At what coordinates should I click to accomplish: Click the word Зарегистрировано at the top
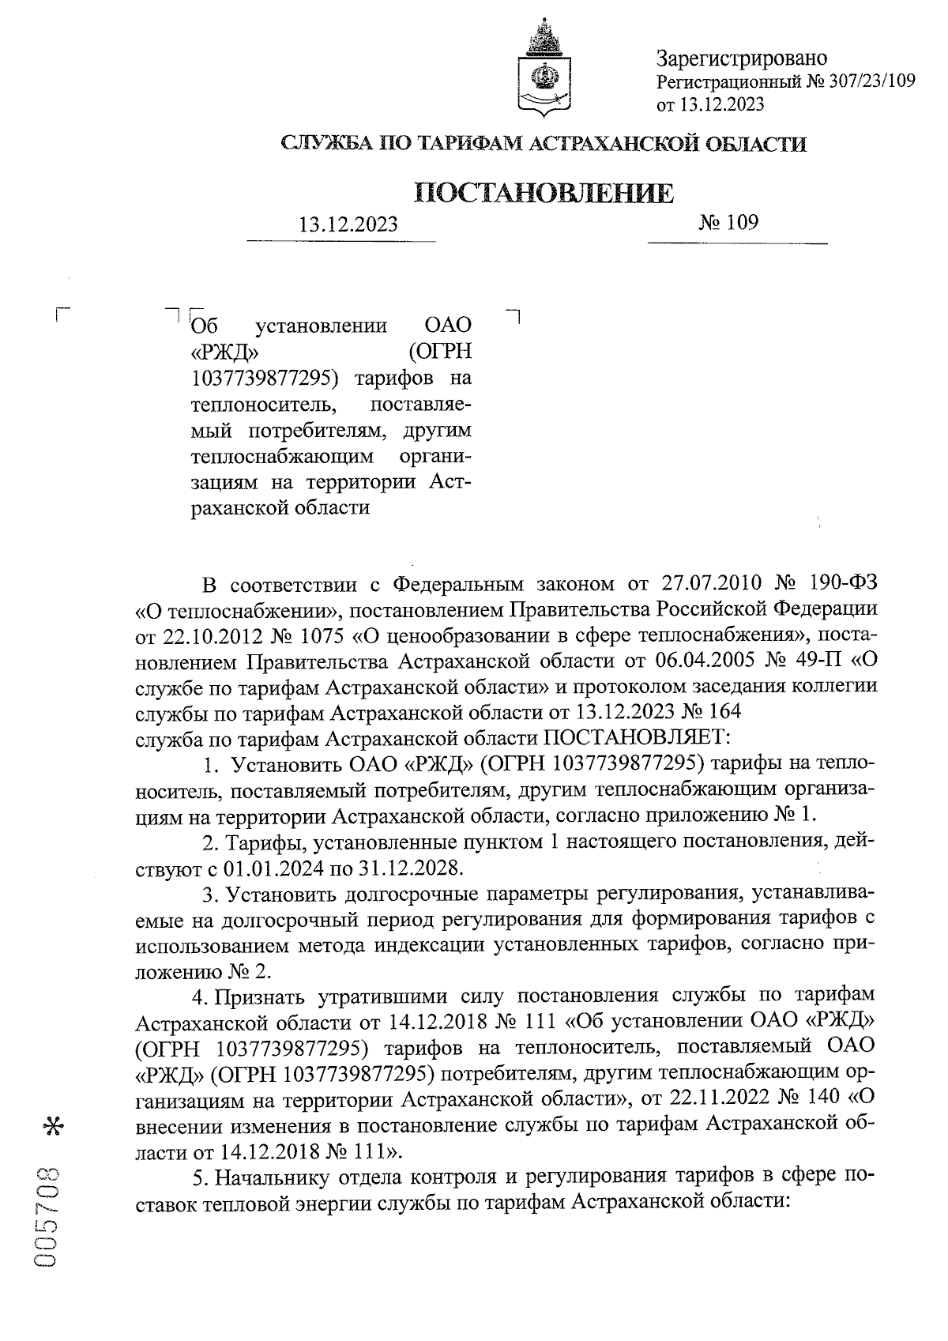coord(742,58)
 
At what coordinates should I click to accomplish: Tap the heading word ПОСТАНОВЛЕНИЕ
coord(544,193)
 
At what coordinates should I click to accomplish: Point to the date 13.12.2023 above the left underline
coord(348,225)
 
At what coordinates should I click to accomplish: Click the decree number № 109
coord(728,222)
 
